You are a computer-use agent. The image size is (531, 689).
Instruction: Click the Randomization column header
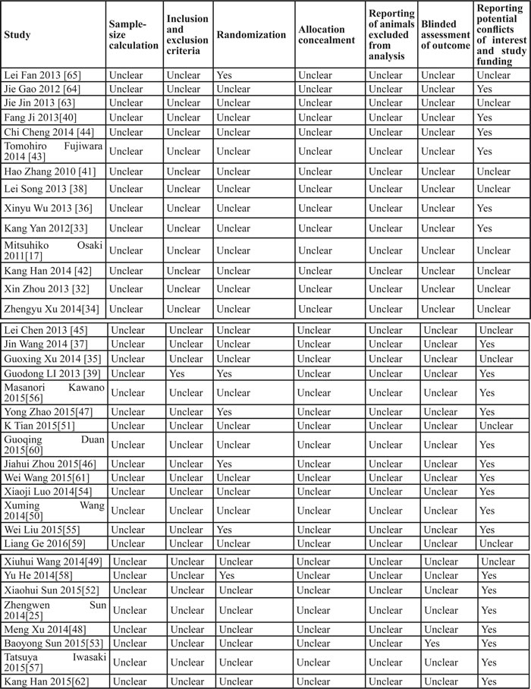tap(250, 35)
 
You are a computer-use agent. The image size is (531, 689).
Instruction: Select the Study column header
tap(16, 35)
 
